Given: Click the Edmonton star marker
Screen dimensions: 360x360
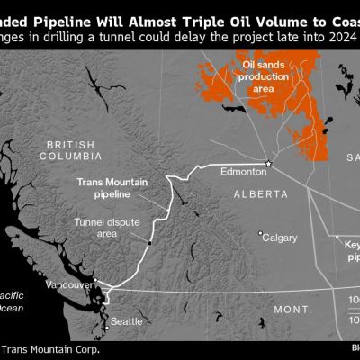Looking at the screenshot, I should (x=268, y=163).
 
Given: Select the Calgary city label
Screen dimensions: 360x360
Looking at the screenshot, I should (x=281, y=238).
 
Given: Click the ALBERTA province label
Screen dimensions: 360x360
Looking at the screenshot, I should (x=259, y=193).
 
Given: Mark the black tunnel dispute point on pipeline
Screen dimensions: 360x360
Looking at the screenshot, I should (x=149, y=243).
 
